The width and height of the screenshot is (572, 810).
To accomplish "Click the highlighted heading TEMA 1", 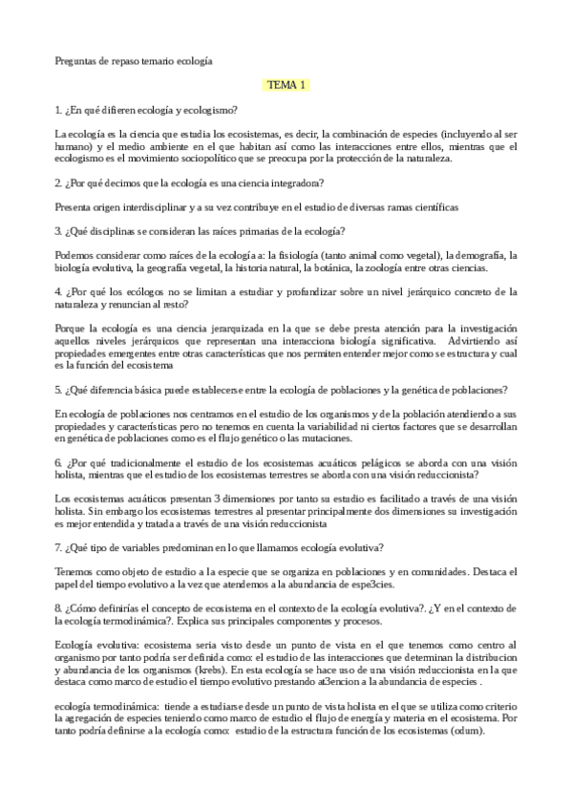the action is (x=286, y=86).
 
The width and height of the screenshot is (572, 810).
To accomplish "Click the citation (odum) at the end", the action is (x=463, y=731).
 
